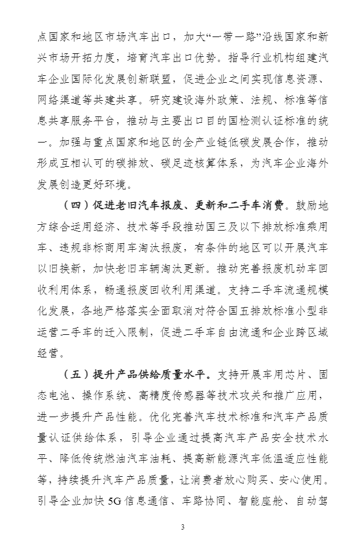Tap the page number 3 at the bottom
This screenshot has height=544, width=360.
[182, 526]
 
